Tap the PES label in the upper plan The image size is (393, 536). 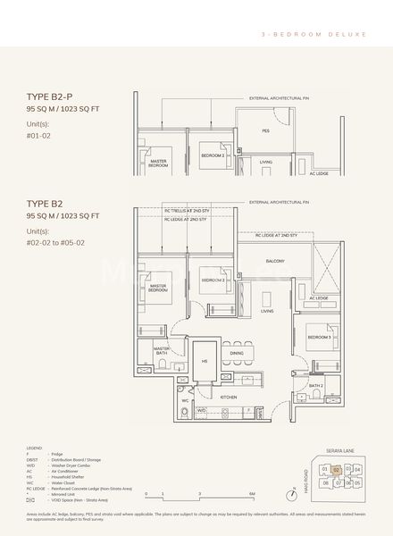pyautogui.click(x=265, y=130)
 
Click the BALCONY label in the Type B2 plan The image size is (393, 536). pyautogui.click(x=274, y=262)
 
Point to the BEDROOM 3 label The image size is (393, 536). pyautogui.click(x=319, y=338)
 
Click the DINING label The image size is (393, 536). pyautogui.click(x=237, y=353)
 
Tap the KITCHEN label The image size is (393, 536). pyautogui.click(x=228, y=396)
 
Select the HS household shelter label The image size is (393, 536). pyautogui.click(x=203, y=360)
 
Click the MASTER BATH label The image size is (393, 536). pyautogui.click(x=161, y=351)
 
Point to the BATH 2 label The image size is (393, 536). pyautogui.click(x=315, y=386)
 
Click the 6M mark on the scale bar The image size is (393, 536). pyautogui.click(x=253, y=493)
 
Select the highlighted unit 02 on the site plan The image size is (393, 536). pyautogui.click(x=336, y=468)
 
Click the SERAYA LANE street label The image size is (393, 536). pyautogui.click(x=341, y=449)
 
